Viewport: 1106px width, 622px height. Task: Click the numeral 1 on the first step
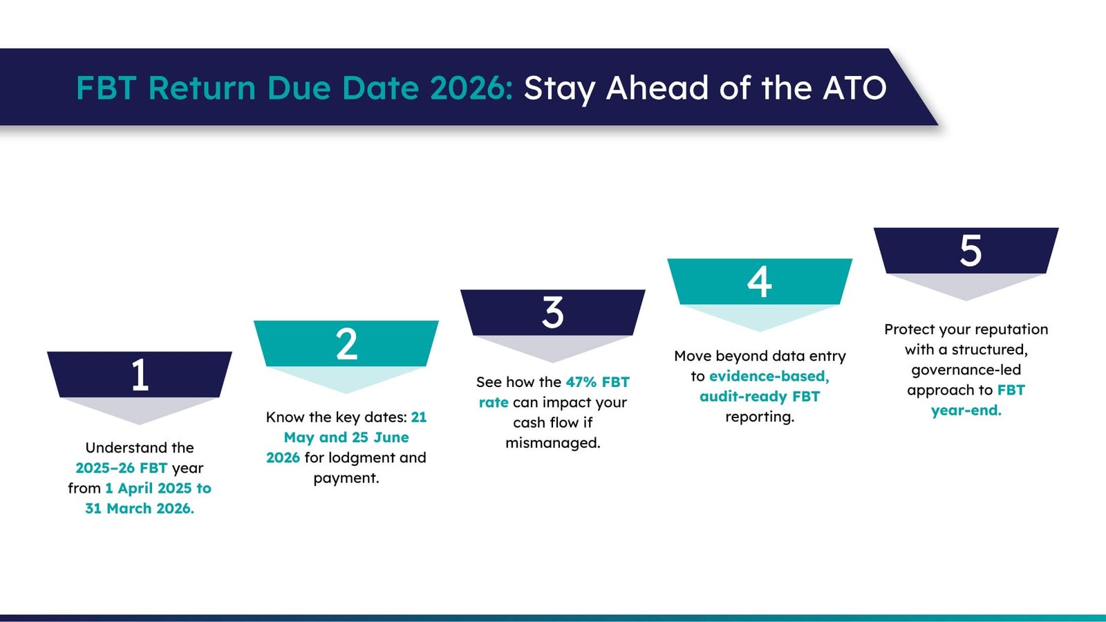[140, 375]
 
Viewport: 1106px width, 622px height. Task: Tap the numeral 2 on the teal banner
[346, 344]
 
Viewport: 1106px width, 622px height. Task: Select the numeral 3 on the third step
[553, 312]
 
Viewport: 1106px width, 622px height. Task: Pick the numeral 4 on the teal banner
[760, 282]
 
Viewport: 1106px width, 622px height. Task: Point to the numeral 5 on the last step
[971, 251]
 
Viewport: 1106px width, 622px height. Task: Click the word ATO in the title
[854, 88]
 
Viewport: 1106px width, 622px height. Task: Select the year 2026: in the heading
[471, 88]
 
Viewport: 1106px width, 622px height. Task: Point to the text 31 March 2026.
[140, 509]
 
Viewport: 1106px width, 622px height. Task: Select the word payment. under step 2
[346, 478]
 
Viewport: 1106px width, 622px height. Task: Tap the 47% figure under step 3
[581, 382]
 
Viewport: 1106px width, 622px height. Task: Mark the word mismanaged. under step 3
[553, 443]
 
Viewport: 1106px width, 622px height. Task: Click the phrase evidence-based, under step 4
[769, 377]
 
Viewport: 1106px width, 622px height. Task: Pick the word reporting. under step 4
[760, 417]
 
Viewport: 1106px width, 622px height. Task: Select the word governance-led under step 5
[966, 370]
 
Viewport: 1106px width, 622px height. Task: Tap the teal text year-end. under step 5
[966, 411]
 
